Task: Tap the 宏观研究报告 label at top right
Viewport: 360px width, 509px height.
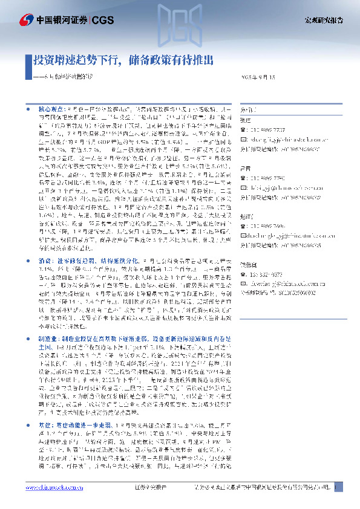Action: (323, 21)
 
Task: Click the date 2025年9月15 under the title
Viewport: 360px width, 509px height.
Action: (259, 78)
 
